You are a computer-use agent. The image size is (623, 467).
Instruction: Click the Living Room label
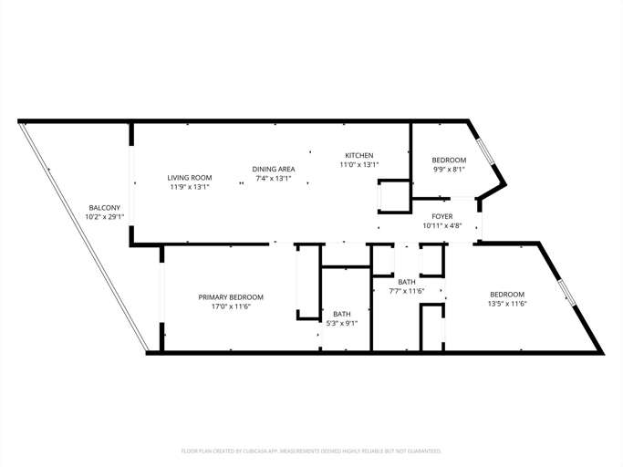[x=190, y=177]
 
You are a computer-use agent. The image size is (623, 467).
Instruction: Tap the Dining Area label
[x=273, y=169]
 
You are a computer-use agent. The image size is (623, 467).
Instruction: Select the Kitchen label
[x=358, y=155]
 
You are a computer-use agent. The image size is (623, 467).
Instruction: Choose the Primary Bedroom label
[x=231, y=297]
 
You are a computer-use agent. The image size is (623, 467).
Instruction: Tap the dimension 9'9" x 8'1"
[x=449, y=169]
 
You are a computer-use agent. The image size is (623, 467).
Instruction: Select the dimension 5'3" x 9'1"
[x=342, y=323]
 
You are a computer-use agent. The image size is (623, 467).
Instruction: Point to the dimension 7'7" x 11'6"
[x=407, y=292]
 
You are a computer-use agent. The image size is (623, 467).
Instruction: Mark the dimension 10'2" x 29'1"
[x=104, y=217]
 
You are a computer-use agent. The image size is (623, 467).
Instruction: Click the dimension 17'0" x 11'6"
[x=231, y=306]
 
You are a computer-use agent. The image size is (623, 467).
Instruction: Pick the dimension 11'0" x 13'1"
[x=358, y=165]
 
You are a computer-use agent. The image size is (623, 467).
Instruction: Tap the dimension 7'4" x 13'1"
[x=273, y=179]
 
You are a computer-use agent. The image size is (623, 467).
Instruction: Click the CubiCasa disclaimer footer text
[x=311, y=451]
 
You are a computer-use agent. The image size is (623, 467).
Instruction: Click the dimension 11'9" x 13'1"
[x=190, y=187]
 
